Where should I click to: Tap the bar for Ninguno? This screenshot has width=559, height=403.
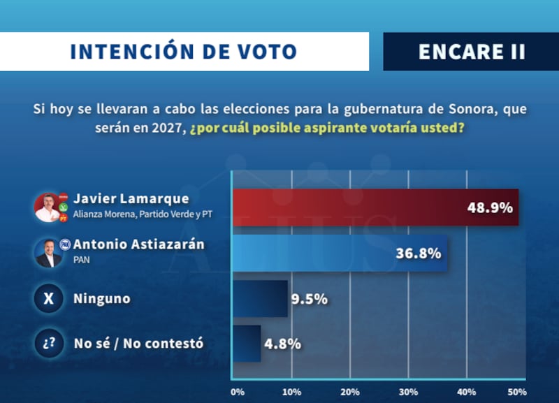tap(259, 299)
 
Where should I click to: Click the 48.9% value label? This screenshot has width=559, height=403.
tap(490, 207)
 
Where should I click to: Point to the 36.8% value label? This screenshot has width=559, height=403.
tap(418, 253)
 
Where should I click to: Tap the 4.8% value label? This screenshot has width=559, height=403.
tap(282, 344)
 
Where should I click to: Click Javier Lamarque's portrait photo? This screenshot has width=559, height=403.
tap(48, 207)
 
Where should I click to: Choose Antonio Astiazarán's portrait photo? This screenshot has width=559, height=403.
tap(48, 253)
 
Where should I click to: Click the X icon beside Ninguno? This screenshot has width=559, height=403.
tap(48, 299)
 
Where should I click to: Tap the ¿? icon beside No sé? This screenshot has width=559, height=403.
tap(48, 344)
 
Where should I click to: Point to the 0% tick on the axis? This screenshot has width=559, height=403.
tap(236, 391)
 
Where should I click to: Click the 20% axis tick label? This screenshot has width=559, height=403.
tap(351, 391)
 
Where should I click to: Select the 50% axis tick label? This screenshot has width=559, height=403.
tap(516, 391)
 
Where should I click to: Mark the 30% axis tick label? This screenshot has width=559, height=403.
tap(409, 391)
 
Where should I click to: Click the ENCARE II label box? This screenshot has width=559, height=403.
tap(471, 52)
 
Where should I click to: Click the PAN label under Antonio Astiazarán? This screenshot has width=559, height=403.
tap(81, 259)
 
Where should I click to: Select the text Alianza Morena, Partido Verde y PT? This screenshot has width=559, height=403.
tap(143, 214)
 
